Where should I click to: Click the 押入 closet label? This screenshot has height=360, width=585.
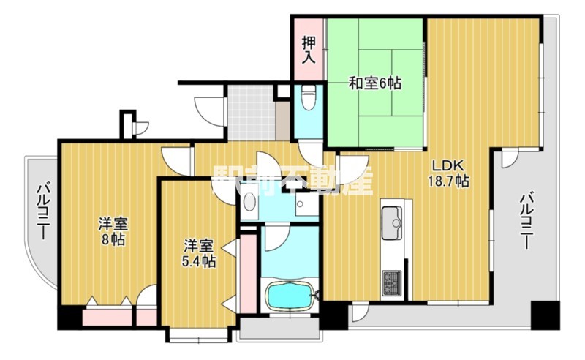click(x=309, y=48)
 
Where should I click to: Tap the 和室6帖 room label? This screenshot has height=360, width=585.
click(x=374, y=83)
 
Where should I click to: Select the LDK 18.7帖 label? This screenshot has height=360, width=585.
click(x=448, y=173)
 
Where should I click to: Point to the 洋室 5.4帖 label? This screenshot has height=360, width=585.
click(x=198, y=252)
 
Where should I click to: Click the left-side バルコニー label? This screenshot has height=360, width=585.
click(x=42, y=213)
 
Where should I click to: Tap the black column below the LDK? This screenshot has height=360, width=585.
click(x=333, y=315)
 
